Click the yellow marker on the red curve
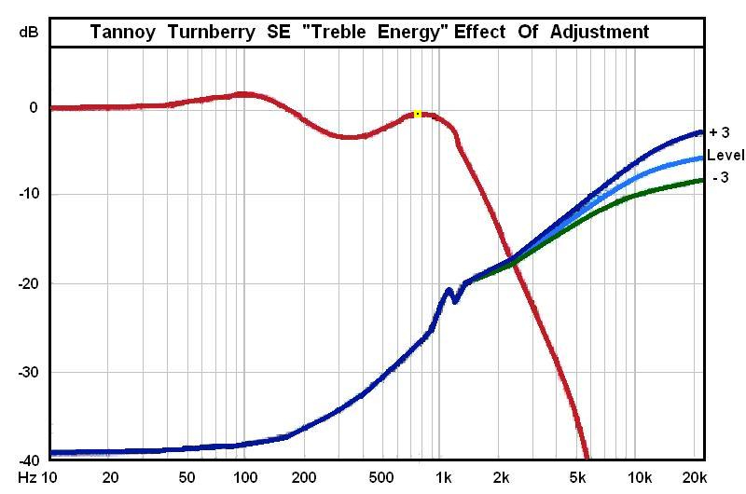pos(418,114)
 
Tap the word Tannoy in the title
pos(122,32)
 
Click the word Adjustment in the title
pos(601,32)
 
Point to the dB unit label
pos(29,32)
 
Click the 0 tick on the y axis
pos(34,107)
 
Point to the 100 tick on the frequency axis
pos(245,478)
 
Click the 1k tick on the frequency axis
pos(445,478)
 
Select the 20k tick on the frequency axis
pos(693,478)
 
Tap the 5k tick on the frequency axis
pos(579,478)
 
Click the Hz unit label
pos(27,478)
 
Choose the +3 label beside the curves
pos(719,132)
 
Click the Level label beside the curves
pos(725,155)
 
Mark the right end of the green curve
pos(702,180)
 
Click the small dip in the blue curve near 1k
pos(454,300)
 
